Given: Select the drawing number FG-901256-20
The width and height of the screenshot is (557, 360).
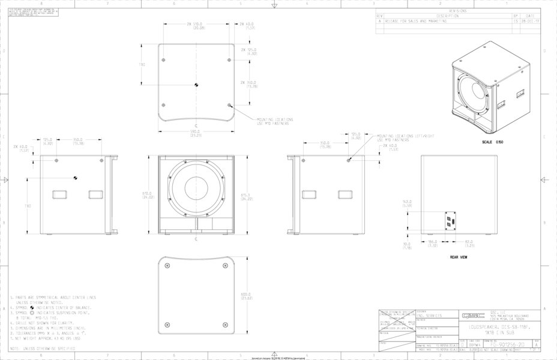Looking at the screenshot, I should point(507,345).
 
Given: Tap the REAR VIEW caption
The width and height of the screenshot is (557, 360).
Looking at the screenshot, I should point(459,257).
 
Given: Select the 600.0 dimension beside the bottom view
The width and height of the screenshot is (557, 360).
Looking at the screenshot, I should point(246,295).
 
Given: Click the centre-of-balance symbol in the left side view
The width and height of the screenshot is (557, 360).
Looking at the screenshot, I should point(76,177).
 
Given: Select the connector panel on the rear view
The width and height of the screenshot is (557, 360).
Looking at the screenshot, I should point(448,221).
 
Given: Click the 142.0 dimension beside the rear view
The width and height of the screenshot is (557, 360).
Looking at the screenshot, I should point(406,203).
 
